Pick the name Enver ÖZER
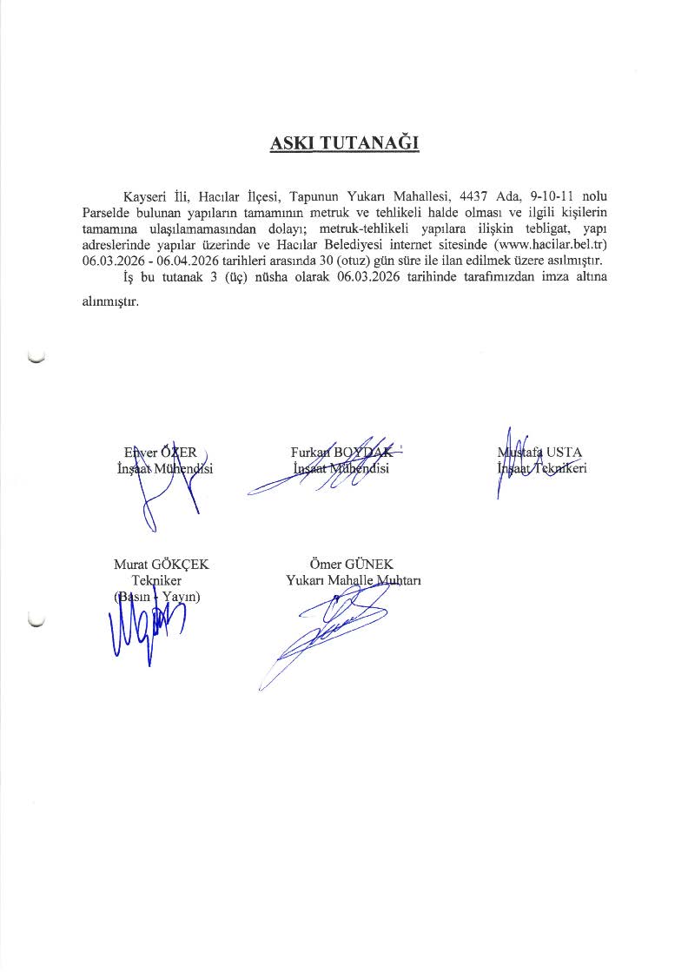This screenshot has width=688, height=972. [x=161, y=452]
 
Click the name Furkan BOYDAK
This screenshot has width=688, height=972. [x=341, y=452]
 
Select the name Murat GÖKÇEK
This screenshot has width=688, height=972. [x=162, y=565]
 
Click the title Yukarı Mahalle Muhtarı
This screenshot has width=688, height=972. [x=353, y=580]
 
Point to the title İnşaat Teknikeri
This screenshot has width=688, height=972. [x=541, y=469]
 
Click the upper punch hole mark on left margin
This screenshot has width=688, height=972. [x=36, y=357]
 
